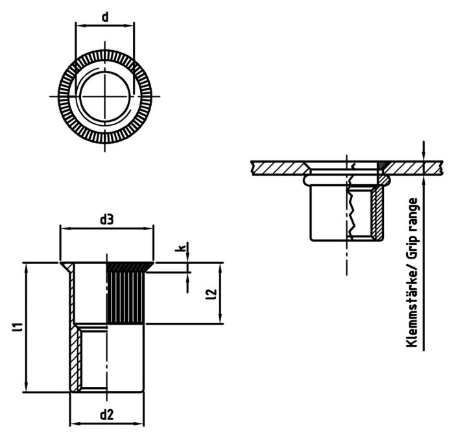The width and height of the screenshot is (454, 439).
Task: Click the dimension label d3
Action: tap(107, 220)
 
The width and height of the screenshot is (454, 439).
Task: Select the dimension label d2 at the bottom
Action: tap(107, 414)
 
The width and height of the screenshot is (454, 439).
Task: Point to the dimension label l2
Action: tap(209, 294)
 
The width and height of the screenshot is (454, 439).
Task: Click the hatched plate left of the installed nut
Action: tap(276, 167)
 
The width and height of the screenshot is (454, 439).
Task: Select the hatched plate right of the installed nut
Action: tap(405, 167)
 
